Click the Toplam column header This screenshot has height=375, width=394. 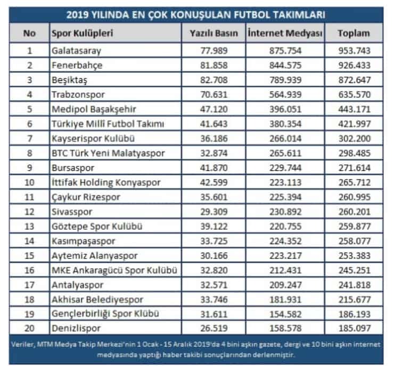click(x=354, y=33)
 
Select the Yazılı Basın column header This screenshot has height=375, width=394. click(x=214, y=33)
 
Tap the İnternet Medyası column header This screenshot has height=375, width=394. click(x=285, y=33)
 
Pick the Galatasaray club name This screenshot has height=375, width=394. click(x=76, y=51)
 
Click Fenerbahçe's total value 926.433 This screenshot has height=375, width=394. click(x=354, y=65)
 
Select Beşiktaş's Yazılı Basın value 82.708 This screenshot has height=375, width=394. click(x=214, y=80)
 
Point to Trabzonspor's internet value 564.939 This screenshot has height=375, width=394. click(x=285, y=94)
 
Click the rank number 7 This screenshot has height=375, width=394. click(x=30, y=138)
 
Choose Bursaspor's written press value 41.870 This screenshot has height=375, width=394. click(x=214, y=168)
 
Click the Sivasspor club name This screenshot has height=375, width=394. click(x=72, y=212)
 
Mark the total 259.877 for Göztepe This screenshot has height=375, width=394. click(x=355, y=227)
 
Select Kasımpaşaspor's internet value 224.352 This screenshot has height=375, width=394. click(x=285, y=241)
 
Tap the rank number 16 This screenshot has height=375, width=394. click(x=29, y=270)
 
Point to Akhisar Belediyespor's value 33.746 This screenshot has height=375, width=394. click(x=214, y=299)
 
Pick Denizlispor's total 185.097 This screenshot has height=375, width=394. click(x=355, y=328)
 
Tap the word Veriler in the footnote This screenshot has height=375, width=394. click(x=22, y=345)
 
